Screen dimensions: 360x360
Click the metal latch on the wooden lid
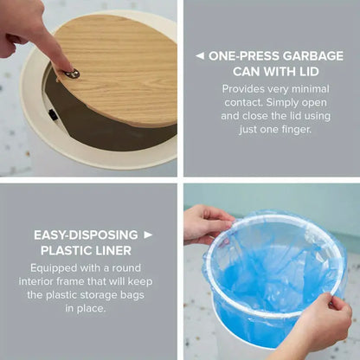[x=72, y=74]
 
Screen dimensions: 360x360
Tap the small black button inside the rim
[x=53, y=114]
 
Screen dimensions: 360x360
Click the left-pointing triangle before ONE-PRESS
[x=199, y=56]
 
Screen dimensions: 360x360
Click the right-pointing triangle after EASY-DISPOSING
[x=148, y=235]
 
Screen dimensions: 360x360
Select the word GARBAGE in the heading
[x=312, y=56]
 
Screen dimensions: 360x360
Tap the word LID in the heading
[x=307, y=71]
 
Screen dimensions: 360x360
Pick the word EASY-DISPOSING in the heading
[x=86, y=235]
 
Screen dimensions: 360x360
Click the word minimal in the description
[x=311, y=89]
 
